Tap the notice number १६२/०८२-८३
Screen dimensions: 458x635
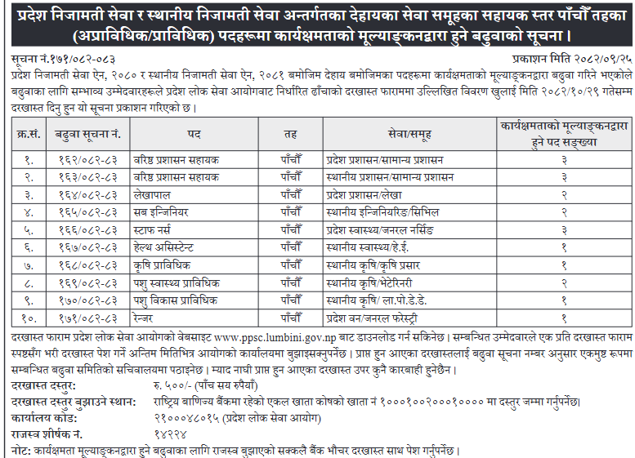87,159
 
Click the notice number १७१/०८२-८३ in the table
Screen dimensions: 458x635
87,318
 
